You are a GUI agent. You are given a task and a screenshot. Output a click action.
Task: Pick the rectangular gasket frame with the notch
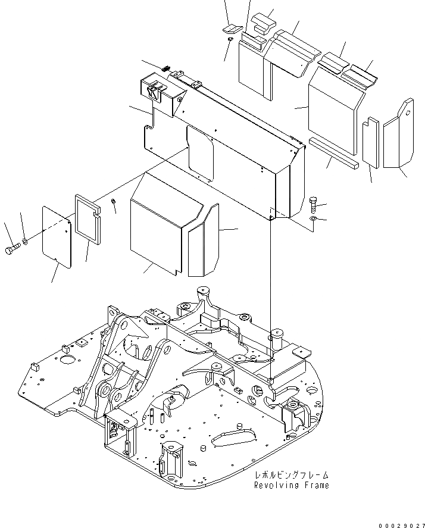pyautogui.click(x=88, y=217)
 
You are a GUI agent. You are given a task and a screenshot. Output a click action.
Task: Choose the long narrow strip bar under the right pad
pyautogui.click(x=333, y=152)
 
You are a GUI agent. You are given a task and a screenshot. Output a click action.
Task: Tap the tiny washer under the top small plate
pyautogui.click(x=230, y=39)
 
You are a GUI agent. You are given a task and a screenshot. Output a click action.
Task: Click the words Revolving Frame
pyautogui.click(x=291, y=485)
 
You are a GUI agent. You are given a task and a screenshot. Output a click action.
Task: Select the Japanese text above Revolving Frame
pyautogui.click(x=291, y=475)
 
